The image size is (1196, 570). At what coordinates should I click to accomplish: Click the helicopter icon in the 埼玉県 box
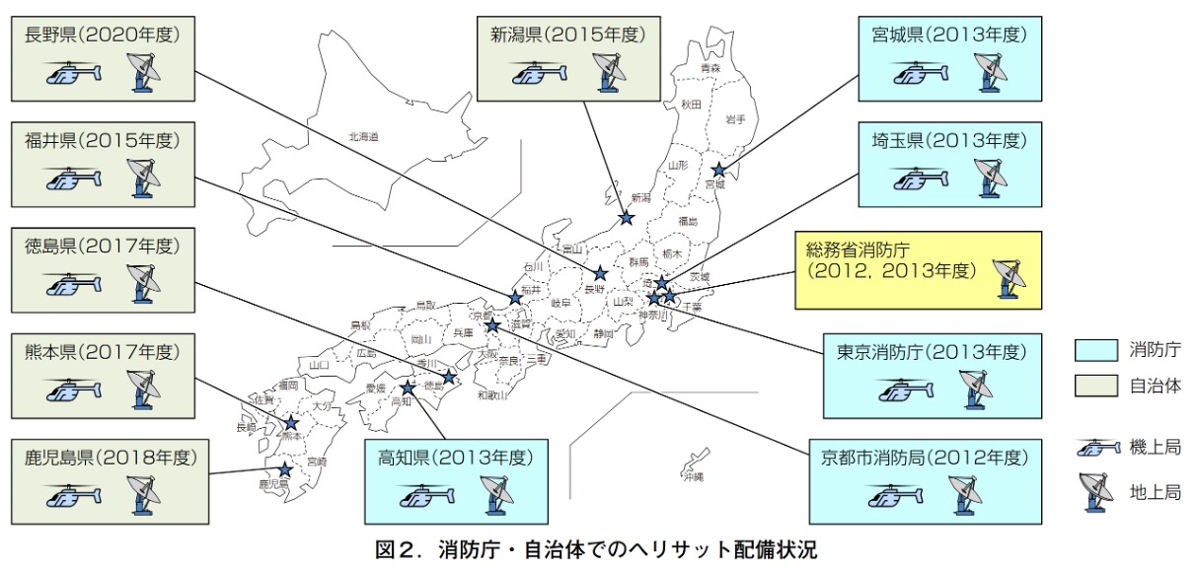point(922,178)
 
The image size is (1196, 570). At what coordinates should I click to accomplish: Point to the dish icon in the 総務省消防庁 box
point(1009,277)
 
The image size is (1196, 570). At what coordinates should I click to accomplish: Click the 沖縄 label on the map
point(694,476)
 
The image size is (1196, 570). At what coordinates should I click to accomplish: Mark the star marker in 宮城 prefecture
point(718,170)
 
